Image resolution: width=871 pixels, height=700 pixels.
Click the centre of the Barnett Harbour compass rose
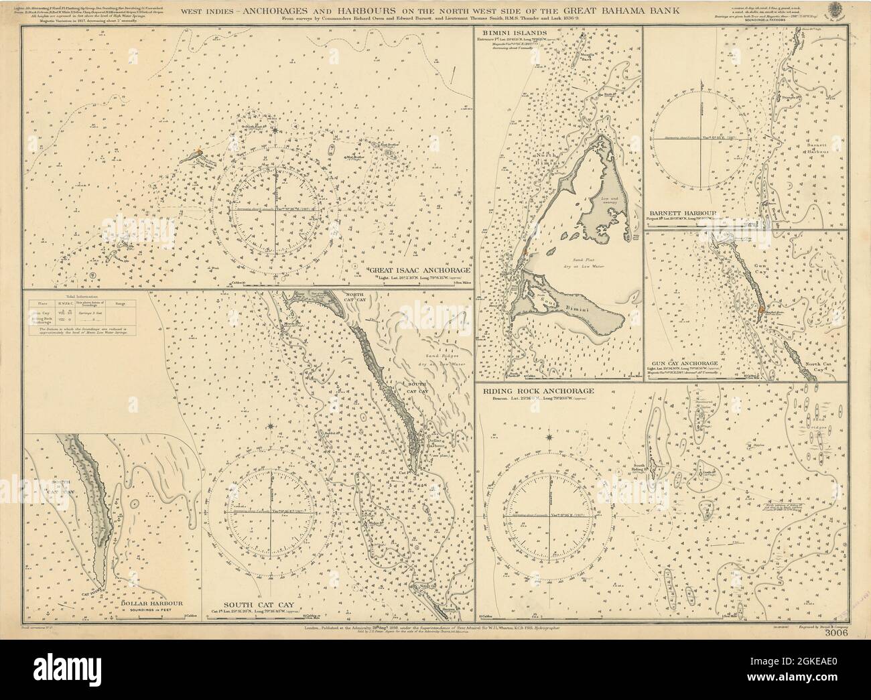(701, 137)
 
